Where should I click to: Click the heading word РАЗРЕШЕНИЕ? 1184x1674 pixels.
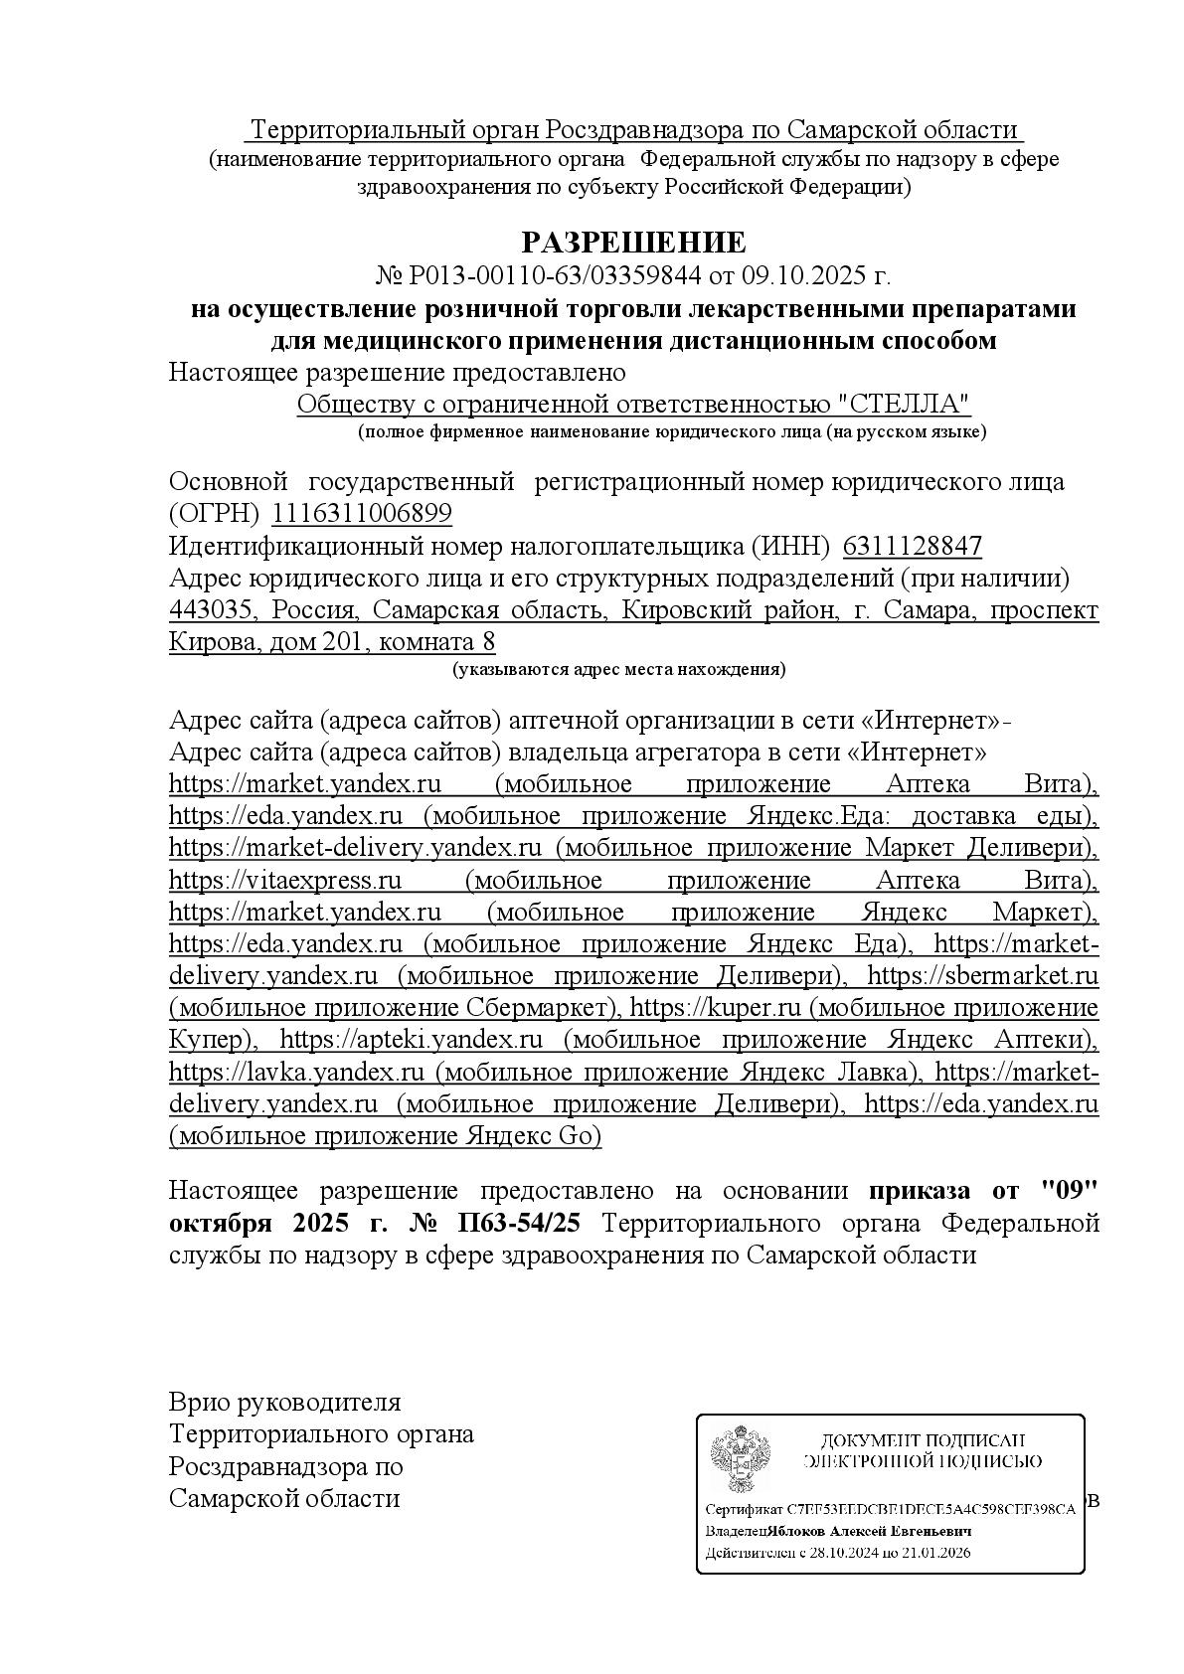(633, 242)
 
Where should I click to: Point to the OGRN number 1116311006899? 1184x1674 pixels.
(362, 514)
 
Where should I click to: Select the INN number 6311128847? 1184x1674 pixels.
(912, 546)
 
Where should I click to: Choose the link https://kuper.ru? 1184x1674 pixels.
(715, 1008)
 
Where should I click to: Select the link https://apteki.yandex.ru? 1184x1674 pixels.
(412, 1040)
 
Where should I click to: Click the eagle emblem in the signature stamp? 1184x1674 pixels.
(740, 1461)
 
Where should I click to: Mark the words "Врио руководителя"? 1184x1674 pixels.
(285, 1403)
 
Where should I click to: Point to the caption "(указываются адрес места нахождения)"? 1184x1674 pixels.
(618, 669)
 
